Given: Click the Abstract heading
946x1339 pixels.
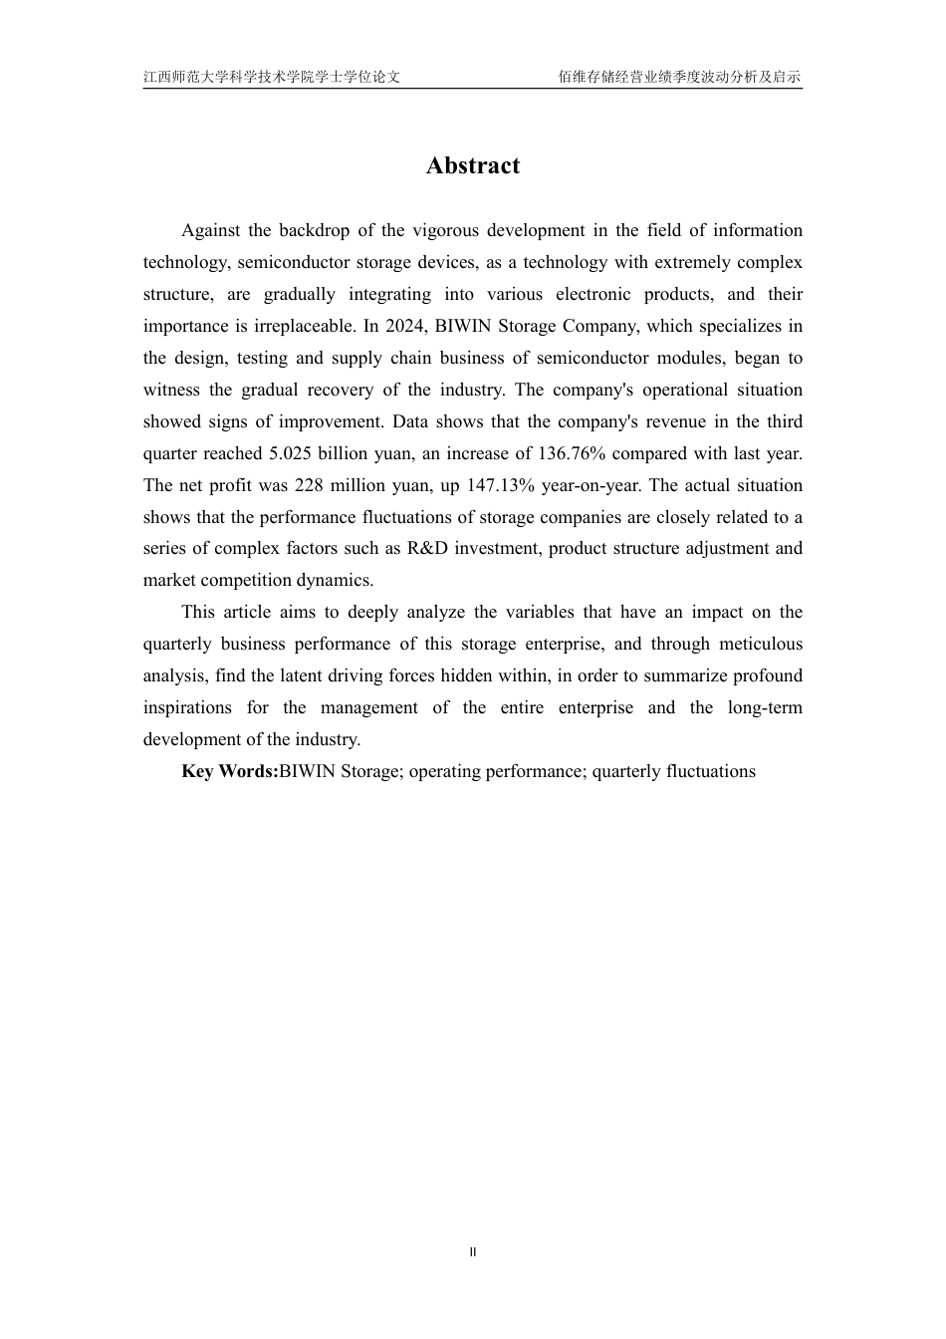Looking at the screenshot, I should (472, 165).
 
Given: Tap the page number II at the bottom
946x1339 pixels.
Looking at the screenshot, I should (473, 1252).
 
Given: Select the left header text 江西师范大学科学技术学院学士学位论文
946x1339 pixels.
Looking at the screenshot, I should (272, 77).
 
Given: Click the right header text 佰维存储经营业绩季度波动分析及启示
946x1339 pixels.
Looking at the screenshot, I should (679, 77).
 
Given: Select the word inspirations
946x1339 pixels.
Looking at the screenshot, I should (187, 708).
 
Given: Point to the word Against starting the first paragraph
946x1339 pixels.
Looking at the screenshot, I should (211, 231).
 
